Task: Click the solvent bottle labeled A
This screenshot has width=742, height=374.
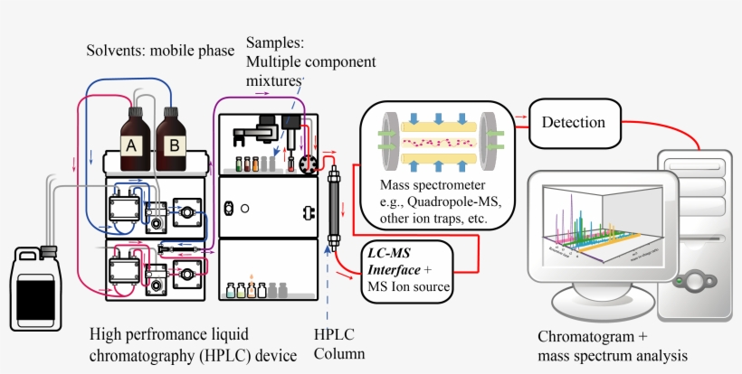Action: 133,136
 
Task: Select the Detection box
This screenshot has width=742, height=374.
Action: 579,121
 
